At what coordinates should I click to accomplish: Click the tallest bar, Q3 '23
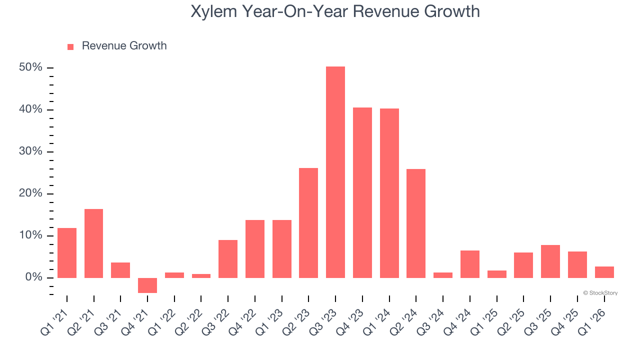click(x=335, y=172)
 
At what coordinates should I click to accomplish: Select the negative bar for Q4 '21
click(x=147, y=285)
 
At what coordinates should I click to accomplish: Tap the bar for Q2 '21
click(x=93, y=243)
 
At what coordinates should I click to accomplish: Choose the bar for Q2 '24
click(x=416, y=223)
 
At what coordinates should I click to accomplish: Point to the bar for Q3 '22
click(x=228, y=258)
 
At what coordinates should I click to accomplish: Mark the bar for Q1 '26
click(x=604, y=272)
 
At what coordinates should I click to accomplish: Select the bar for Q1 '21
click(x=67, y=252)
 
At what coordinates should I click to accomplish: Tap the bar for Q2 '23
click(x=308, y=222)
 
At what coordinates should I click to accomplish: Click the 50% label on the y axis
click(x=30, y=67)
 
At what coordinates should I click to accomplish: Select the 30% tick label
click(x=30, y=151)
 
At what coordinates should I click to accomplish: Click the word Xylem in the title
click(x=214, y=11)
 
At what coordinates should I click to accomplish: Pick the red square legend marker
click(x=70, y=46)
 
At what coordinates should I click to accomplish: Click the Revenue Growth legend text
click(x=124, y=46)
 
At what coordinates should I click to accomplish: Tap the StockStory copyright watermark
click(x=600, y=293)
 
